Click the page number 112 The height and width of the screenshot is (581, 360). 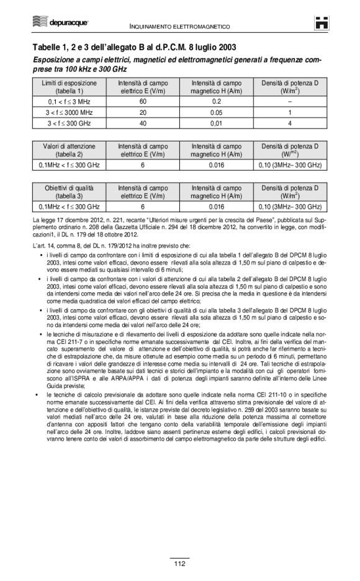click(x=179, y=564)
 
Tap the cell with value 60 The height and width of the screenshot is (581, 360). click(x=142, y=101)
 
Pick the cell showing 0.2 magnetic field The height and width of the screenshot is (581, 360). click(x=217, y=101)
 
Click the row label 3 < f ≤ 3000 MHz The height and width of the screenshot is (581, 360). click(x=69, y=112)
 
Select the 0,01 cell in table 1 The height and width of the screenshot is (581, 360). click(x=217, y=123)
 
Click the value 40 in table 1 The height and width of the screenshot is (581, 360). click(x=142, y=123)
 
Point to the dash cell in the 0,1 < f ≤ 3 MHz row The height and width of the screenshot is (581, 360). click(x=290, y=101)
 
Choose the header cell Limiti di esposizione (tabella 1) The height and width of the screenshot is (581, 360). click(x=69, y=86)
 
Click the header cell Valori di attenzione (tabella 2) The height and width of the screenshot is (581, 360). click(x=69, y=150)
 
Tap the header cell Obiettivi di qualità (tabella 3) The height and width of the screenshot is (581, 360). click(x=69, y=191)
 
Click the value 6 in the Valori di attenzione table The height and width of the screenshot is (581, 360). click(x=142, y=164)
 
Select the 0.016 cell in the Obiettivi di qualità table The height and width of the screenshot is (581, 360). click(x=217, y=206)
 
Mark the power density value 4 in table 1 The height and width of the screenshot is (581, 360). click(x=290, y=123)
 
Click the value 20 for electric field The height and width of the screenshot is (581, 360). click(x=142, y=112)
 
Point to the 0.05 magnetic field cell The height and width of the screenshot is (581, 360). click(x=217, y=112)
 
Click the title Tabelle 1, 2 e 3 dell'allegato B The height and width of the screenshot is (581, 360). click(x=134, y=47)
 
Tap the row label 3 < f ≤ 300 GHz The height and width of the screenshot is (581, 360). click(x=69, y=123)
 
